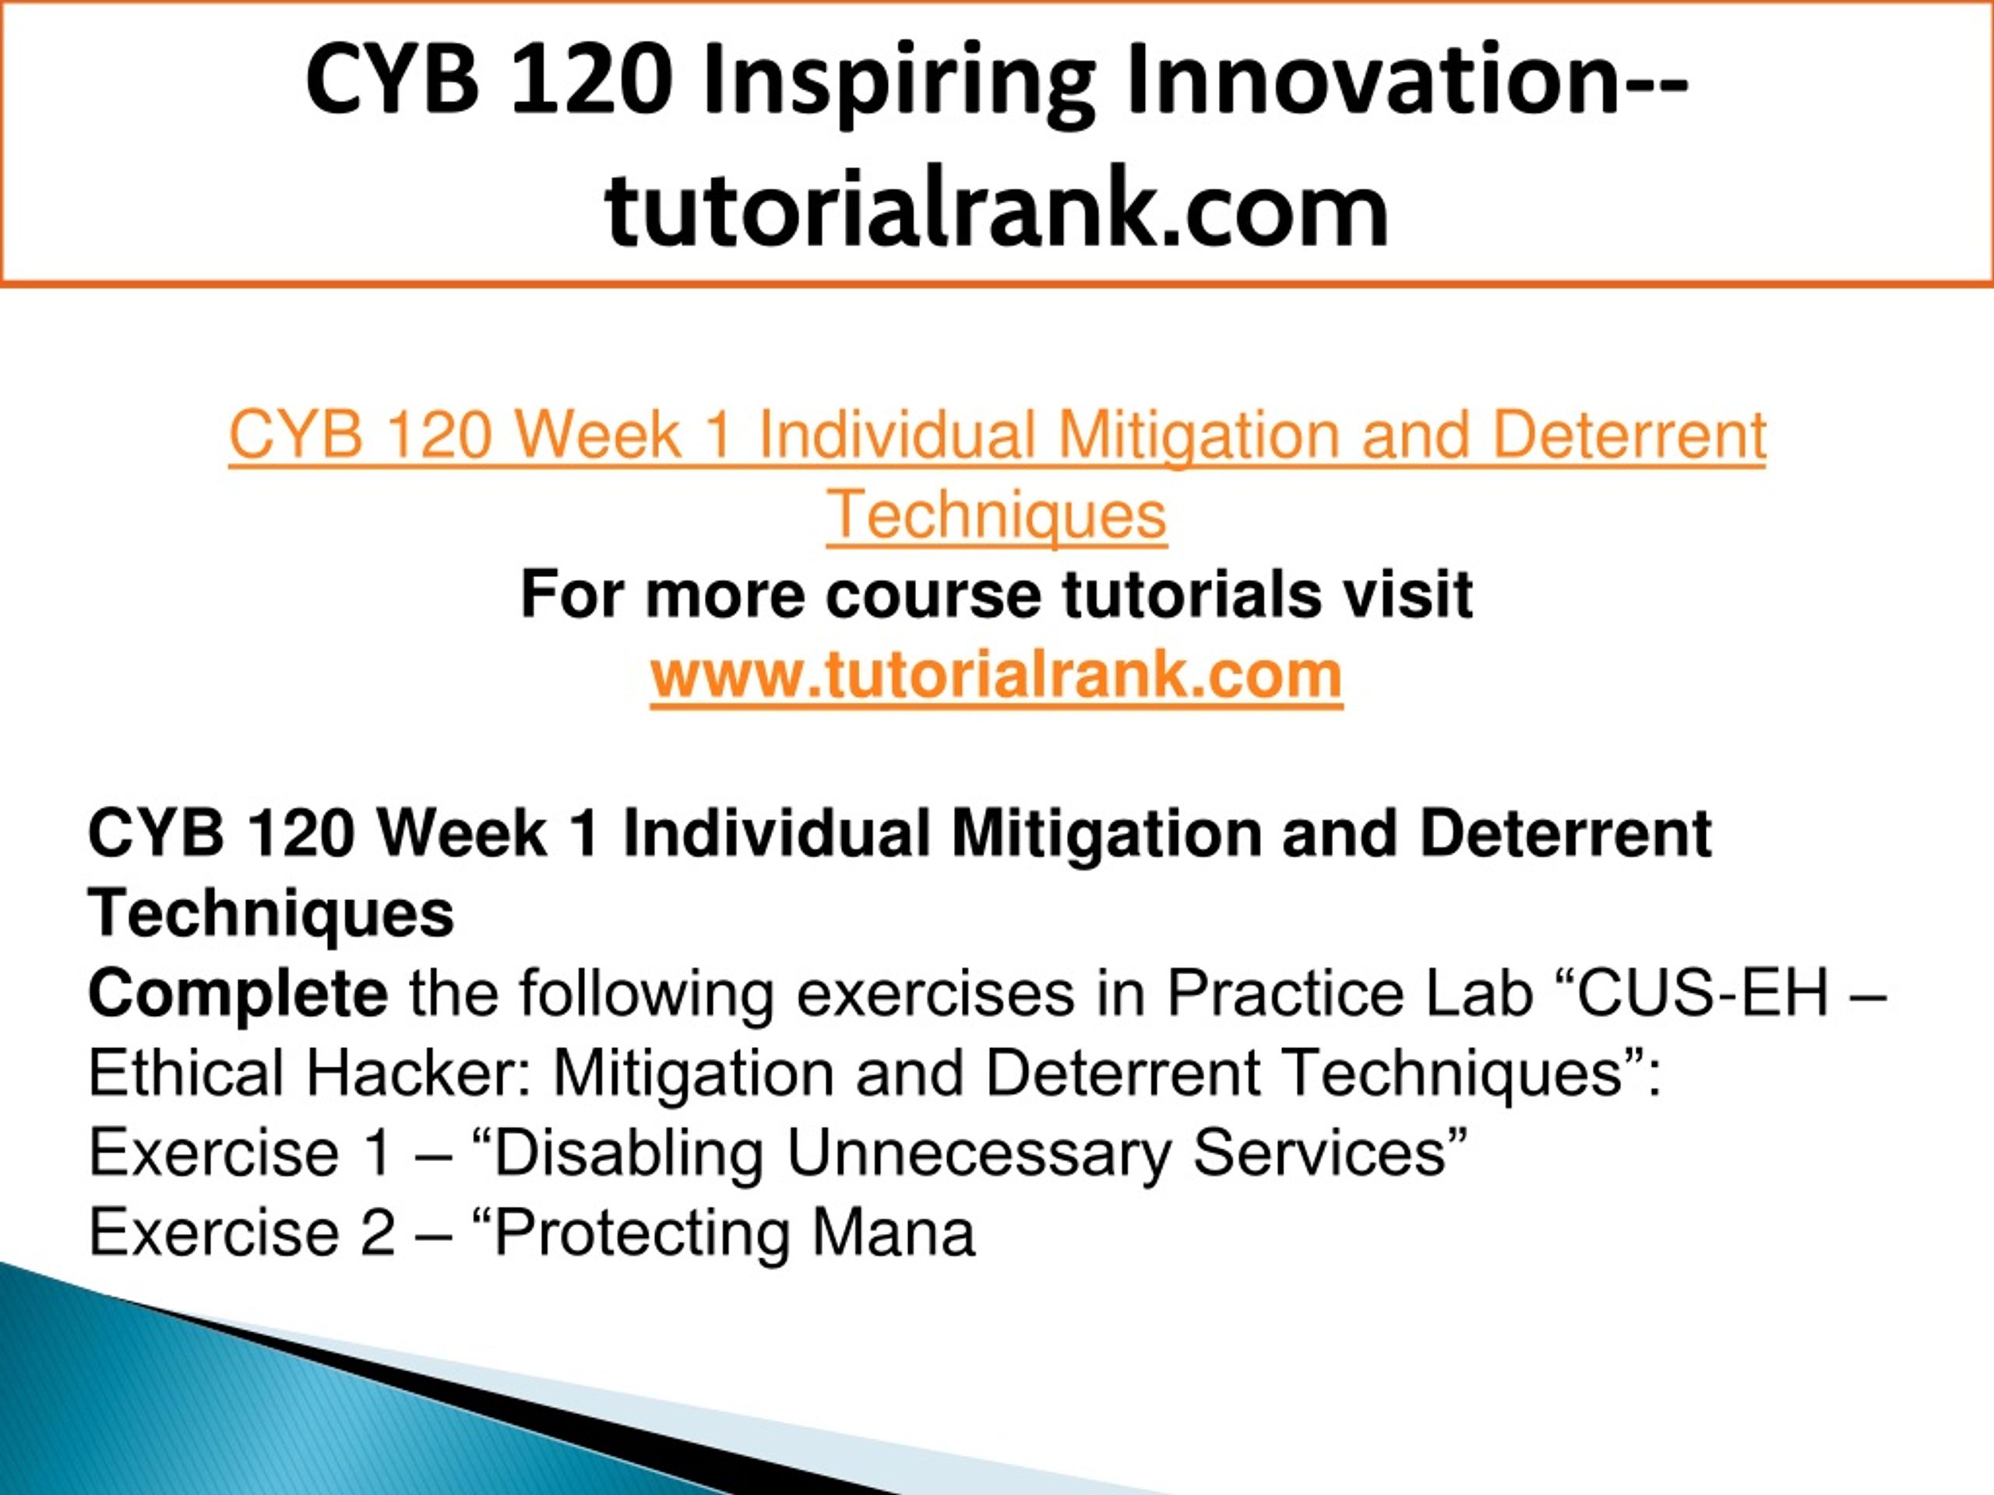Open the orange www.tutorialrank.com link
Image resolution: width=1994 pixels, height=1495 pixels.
click(x=997, y=675)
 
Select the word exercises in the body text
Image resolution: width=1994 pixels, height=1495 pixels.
click(x=935, y=994)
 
